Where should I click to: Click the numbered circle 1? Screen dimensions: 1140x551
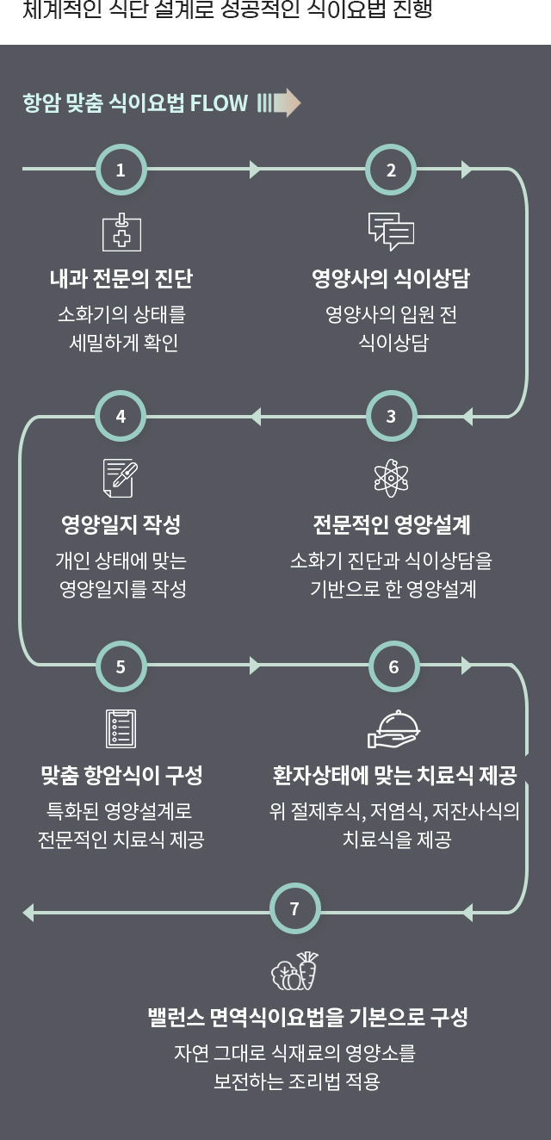(x=121, y=170)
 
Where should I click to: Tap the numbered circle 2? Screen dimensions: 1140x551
(x=391, y=170)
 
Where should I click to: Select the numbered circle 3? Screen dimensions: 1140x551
(x=391, y=417)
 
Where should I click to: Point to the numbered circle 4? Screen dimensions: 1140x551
(x=121, y=417)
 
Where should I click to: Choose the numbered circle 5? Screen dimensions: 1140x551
(x=121, y=666)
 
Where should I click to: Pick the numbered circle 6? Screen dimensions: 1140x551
(x=393, y=666)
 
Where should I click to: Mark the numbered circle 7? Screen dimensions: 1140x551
(x=294, y=909)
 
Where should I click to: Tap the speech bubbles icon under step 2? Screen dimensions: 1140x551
(x=391, y=231)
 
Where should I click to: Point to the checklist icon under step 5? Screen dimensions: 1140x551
(x=121, y=728)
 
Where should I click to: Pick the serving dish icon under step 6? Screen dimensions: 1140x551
(x=393, y=728)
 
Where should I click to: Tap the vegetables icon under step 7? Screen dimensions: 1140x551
(x=294, y=970)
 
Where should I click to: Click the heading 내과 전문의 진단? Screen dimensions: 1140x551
(x=121, y=279)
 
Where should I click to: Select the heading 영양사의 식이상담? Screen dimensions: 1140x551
(x=391, y=279)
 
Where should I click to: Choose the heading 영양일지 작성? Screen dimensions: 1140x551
(x=121, y=525)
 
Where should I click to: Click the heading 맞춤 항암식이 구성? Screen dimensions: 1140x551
(x=121, y=775)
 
